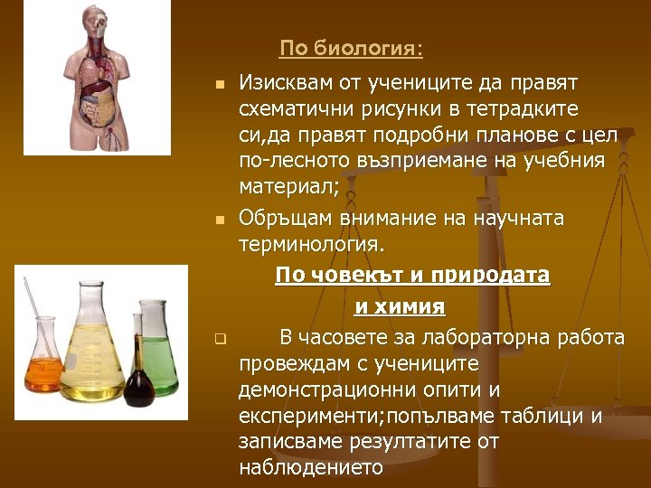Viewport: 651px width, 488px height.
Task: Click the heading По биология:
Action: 351,47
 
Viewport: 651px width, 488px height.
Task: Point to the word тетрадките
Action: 527,109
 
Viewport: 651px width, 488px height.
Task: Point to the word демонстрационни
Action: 322,389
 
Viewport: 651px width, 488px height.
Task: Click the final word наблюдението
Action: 311,468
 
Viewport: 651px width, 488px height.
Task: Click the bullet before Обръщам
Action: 219,220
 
